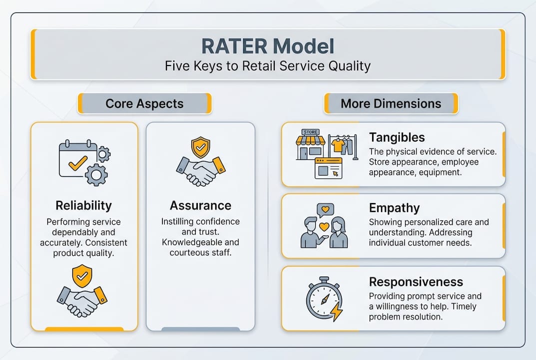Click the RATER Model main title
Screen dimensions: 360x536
click(x=267, y=46)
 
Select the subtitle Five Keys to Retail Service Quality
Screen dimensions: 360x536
click(x=267, y=66)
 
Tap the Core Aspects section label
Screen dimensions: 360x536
click(x=144, y=104)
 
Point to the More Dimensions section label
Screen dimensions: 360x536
click(x=391, y=104)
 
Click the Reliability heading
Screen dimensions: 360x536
click(x=84, y=205)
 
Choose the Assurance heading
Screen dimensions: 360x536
click(x=200, y=205)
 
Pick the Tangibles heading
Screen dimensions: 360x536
click(x=397, y=137)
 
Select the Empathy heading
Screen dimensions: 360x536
click(x=394, y=208)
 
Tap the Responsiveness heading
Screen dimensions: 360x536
click(x=416, y=281)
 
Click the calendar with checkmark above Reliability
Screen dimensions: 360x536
click(x=76, y=160)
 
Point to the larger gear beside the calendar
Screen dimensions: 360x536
click(x=96, y=174)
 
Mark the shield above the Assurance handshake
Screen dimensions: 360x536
click(x=201, y=147)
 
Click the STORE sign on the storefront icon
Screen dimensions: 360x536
click(x=310, y=132)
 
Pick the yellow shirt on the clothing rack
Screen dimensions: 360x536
click(x=338, y=145)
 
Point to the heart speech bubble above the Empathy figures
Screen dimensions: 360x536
click(x=325, y=209)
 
